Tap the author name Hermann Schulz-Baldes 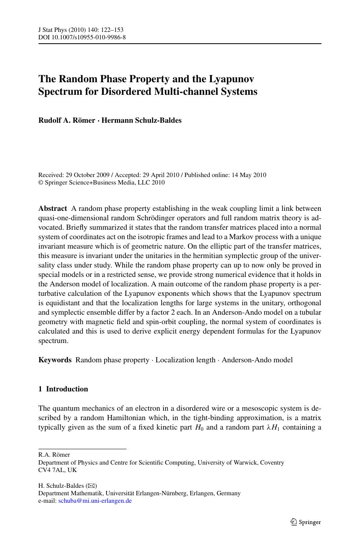coord(141,120)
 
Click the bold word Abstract coord(53,208)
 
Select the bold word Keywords coord(55,360)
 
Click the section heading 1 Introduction coord(63,389)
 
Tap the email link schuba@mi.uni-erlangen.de coord(95,501)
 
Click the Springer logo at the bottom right coord(305,522)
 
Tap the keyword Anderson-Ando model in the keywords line coord(257,360)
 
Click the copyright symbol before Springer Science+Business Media coord(40,183)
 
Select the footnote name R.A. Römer coord(54,455)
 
